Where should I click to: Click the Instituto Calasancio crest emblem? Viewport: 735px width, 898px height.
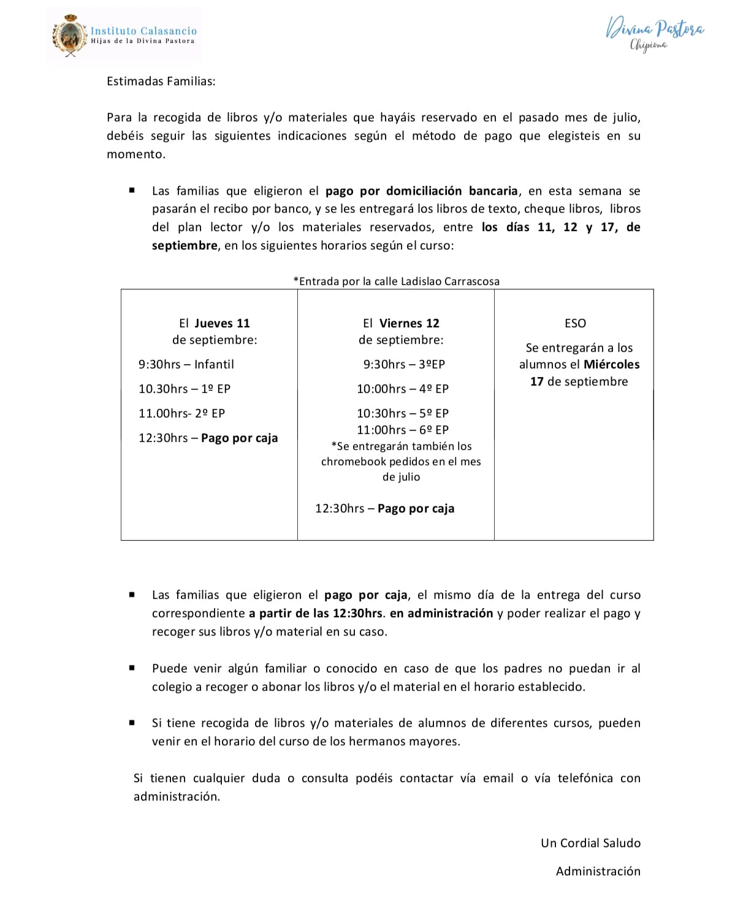tap(69, 36)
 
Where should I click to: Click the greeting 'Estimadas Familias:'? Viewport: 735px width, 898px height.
tap(161, 81)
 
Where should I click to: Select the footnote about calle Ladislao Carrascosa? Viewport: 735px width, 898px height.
tap(396, 281)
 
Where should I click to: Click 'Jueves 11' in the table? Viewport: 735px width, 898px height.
tap(222, 323)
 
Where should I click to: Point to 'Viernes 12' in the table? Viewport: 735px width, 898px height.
tap(409, 323)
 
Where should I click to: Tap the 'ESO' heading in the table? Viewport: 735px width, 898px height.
tap(575, 323)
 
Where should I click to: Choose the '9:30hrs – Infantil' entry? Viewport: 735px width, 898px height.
tap(186, 364)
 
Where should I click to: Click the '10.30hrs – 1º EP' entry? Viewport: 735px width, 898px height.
tap(184, 389)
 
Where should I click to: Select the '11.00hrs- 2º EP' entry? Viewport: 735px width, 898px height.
tap(181, 413)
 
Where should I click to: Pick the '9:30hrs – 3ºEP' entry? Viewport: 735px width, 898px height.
tap(404, 364)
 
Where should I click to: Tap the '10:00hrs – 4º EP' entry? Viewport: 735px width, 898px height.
tap(403, 389)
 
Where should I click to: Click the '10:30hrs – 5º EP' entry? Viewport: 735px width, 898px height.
tap(403, 413)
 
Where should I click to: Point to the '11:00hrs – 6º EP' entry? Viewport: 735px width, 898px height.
tap(403, 430)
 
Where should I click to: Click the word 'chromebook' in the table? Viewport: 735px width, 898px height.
tap(354, 462)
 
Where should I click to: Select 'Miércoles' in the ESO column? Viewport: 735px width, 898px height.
tap(611, 364)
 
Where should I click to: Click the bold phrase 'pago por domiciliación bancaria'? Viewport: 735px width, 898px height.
tap(421, 191)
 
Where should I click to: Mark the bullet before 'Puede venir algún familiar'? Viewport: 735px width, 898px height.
tap(132, 668)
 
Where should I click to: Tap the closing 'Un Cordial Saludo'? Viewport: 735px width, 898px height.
tap(590, 843)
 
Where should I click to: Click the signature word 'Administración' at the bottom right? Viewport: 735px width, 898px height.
tap(598, 871)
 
